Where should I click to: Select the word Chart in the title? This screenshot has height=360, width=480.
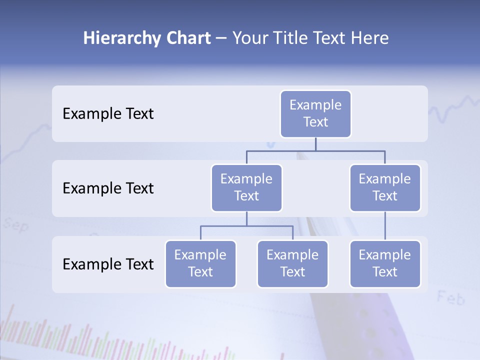(186, 38)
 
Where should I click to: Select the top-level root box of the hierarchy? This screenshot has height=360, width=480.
(315, 114)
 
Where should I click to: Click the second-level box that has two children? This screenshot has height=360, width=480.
(246, 188)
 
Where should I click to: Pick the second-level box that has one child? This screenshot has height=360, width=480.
(385, 188)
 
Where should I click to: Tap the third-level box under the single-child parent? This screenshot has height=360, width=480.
(385, 264)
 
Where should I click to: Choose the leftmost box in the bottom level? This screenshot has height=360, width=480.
(200, 264)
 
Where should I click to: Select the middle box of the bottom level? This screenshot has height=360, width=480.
(292, 264)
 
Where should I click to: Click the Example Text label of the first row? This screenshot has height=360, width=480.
(108, 114)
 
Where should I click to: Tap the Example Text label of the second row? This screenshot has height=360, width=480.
(108, 188)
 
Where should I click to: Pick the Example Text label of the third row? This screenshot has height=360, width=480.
(108, 264)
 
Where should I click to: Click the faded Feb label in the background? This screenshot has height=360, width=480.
(450, 298)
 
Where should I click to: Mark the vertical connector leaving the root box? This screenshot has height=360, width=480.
(315, 144)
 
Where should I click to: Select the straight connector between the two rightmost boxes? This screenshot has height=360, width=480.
(385, 226)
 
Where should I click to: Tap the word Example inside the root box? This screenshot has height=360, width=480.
(315, 105)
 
